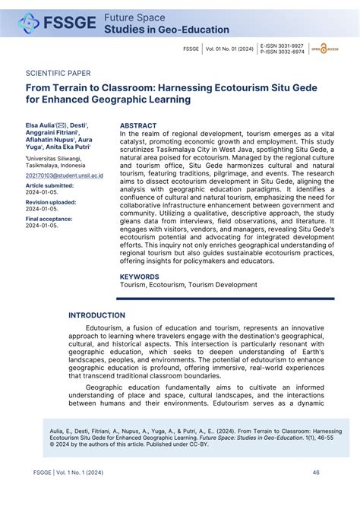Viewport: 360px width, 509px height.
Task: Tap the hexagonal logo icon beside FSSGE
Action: click(29, 24)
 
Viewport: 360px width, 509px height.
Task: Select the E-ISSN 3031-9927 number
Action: click(281, 46)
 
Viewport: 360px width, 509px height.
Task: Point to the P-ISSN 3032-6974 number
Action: click(281, 52)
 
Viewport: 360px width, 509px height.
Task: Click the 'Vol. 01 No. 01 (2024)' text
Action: click(229, 49)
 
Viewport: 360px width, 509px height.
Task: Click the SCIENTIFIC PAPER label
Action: click(58, 74)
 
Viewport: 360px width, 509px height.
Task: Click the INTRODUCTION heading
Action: click(97, 315)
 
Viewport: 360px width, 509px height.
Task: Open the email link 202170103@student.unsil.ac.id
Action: click(65, 175)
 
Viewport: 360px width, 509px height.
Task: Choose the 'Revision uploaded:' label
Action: click(51, 203)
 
